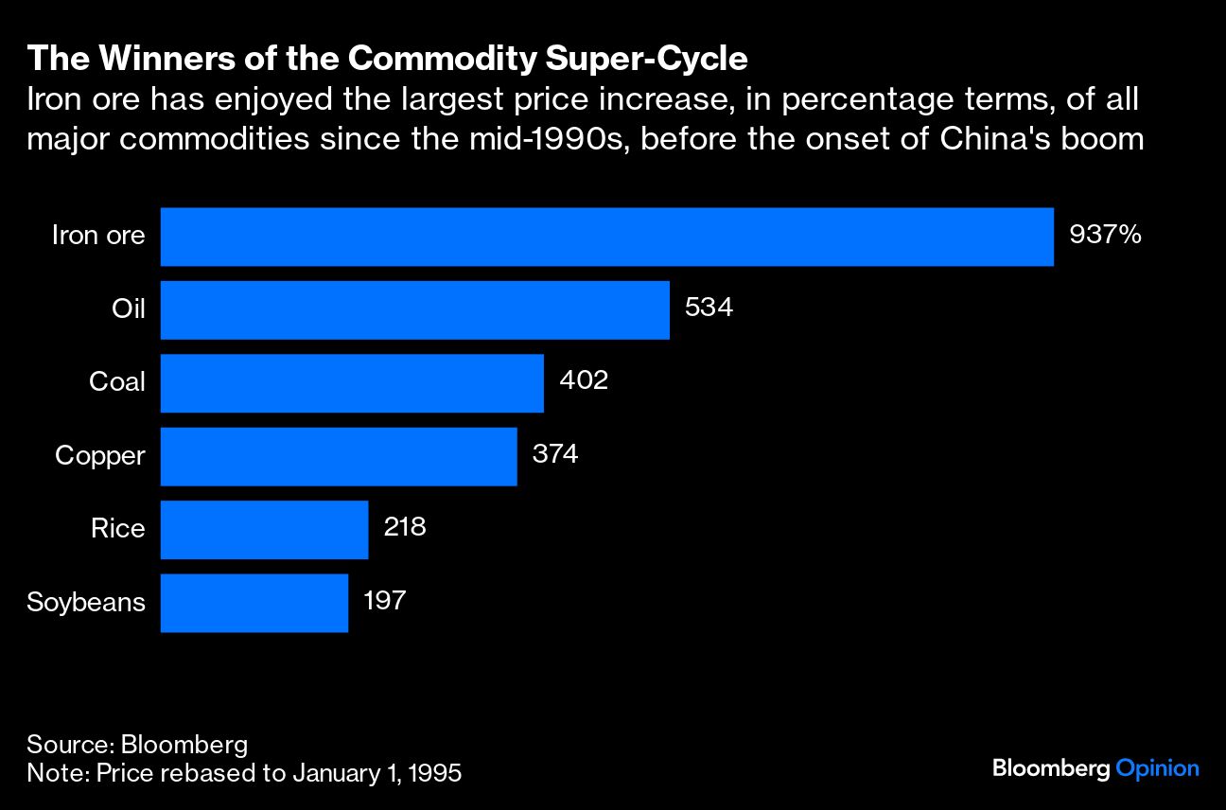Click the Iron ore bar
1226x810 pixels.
[606, 237]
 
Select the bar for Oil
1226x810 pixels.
[414, 309]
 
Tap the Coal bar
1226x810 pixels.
[352, 383]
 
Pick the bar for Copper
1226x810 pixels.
[339, 456]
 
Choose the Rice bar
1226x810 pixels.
[264, 530]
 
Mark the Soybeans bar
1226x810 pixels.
[254, 603]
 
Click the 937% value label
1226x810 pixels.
[1105, 235]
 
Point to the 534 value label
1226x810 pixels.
[709, 308]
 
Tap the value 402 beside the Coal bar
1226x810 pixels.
[584, 381]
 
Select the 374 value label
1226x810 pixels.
[555, 454]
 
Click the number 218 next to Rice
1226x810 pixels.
[405, 528]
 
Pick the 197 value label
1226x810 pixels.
[385, 601]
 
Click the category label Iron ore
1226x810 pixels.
[98, 236]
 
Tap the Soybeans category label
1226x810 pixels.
[86, 603]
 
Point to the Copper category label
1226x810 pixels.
[100, 456]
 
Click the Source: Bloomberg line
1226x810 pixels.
[137, 744]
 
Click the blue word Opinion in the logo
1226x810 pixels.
[1157, 768]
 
